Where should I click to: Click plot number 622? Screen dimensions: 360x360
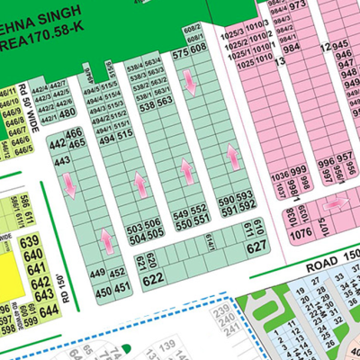click(152, 280)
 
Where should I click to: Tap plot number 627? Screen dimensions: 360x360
click(257, 247)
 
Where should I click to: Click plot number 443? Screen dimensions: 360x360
click(63, 161)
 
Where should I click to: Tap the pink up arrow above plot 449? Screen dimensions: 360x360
click(107, 240)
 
